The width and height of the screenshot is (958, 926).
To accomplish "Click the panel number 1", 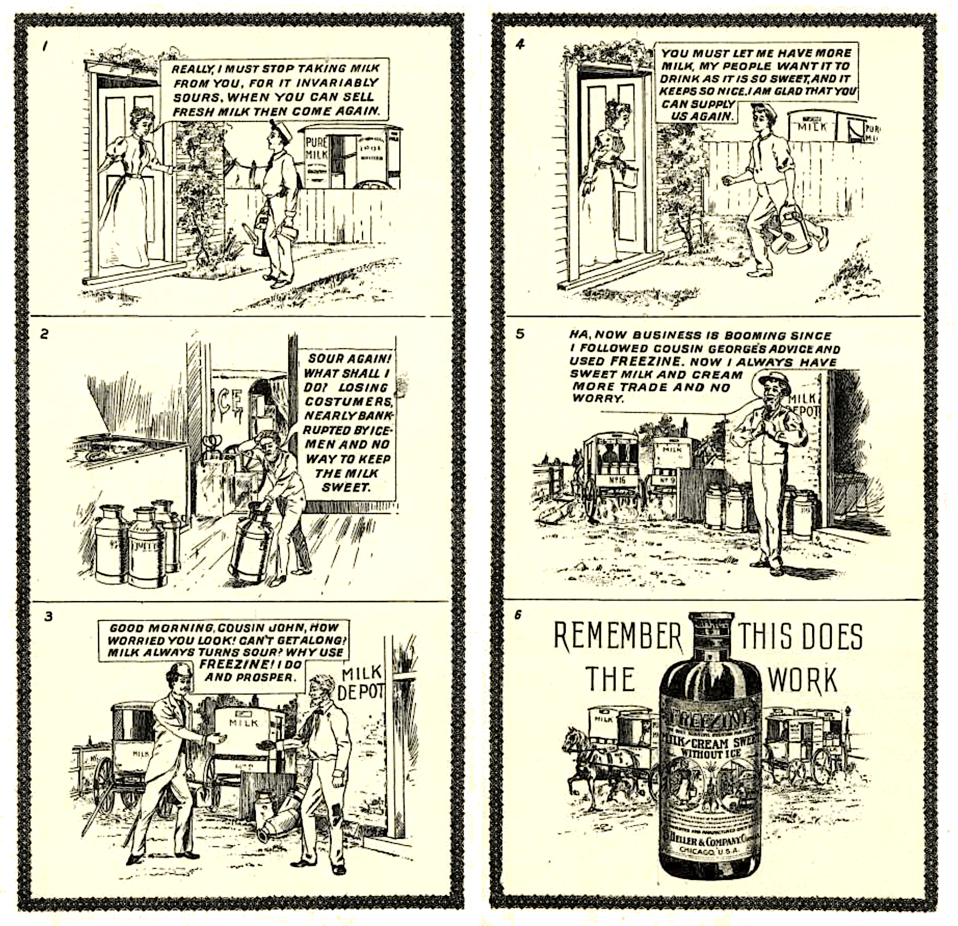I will (45, 47).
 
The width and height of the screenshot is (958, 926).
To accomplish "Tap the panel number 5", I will (520, 334).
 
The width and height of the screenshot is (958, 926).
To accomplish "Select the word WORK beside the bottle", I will (803, 680).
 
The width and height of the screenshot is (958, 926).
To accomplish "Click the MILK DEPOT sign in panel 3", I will (360, 683).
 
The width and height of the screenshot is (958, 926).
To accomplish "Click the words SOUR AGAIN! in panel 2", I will (349, 358).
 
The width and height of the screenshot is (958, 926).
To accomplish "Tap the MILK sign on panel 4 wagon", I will (813, 127).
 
